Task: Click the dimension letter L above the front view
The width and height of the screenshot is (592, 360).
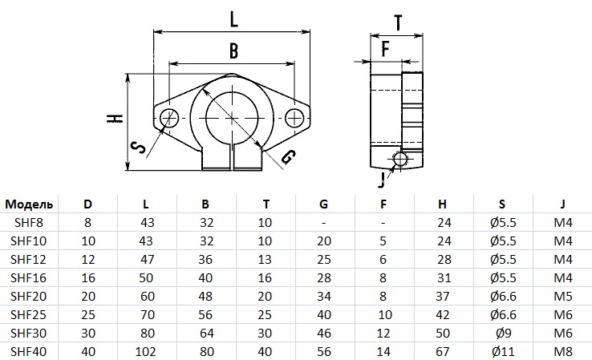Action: click(x=233, y=17)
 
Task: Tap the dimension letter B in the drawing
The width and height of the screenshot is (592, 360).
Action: click(x=233, y=51)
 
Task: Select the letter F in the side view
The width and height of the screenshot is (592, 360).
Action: click(x=385, y=49)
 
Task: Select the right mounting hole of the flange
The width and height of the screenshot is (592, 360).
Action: click(x=296, y=119)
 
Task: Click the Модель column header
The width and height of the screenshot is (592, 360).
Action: click(x=28, y=203)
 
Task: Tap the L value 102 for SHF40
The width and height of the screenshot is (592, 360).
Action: click(x=145, y=352)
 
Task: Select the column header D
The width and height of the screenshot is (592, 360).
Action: click(x=87, y=203)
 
